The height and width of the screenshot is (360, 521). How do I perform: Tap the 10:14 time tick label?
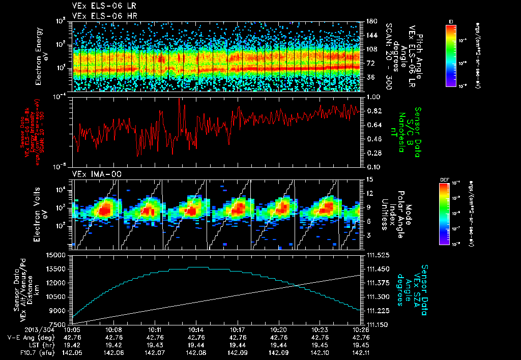(x=196, y=329)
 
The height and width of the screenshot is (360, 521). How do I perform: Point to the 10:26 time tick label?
(x=361, y=329)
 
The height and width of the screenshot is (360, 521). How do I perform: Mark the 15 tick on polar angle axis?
(x=368, y=179)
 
